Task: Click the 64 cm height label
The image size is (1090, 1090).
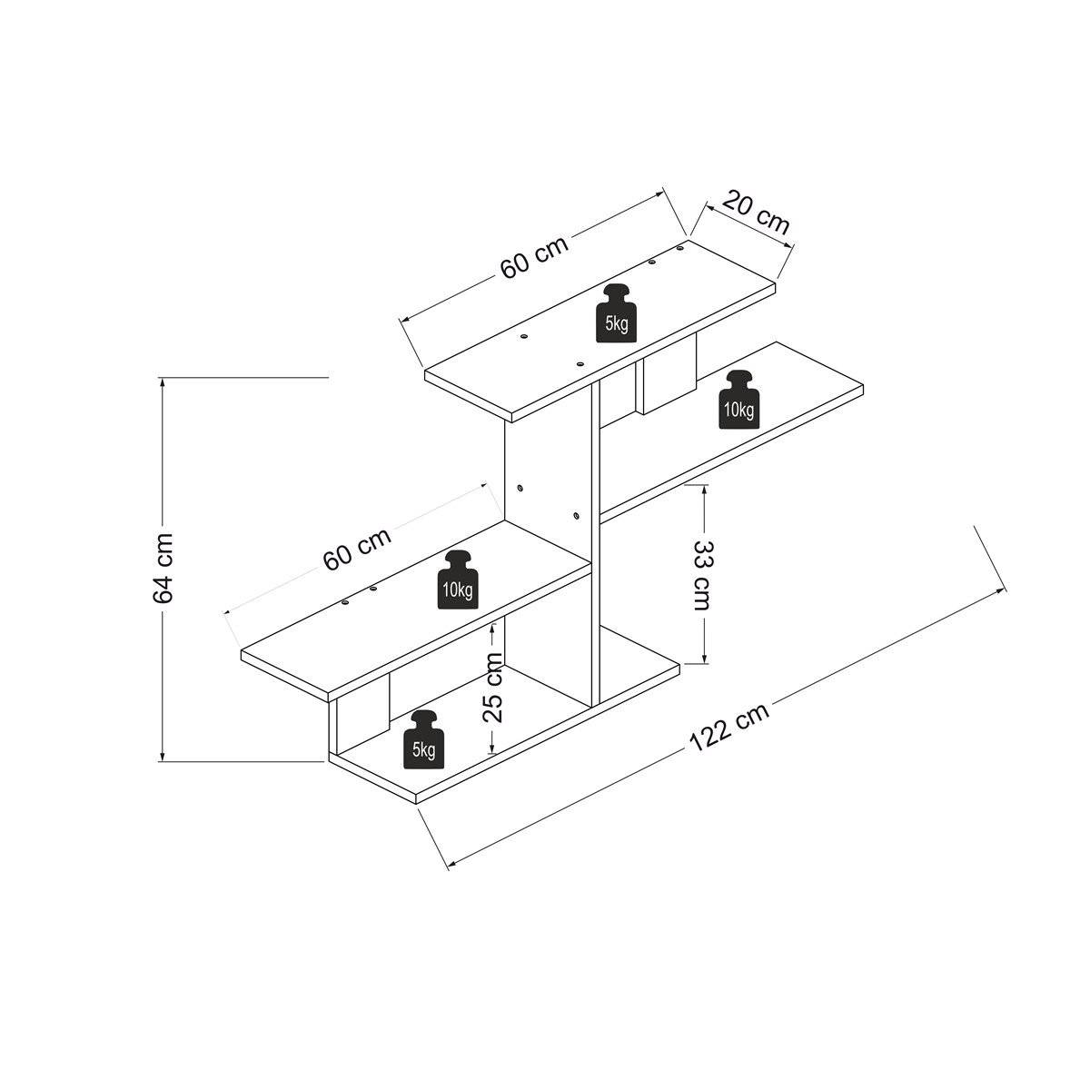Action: [x=163, y=569]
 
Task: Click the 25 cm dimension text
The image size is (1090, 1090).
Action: [x=492, y=687]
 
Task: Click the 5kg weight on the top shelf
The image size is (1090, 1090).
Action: [x=617, y=312]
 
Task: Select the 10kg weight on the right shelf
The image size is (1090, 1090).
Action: [x=738, y=399]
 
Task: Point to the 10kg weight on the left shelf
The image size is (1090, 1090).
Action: [x=458, y=580]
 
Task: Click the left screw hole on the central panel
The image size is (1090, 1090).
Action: [x=520, y=489]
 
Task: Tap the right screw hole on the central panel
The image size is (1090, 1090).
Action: [x=577, y=517]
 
